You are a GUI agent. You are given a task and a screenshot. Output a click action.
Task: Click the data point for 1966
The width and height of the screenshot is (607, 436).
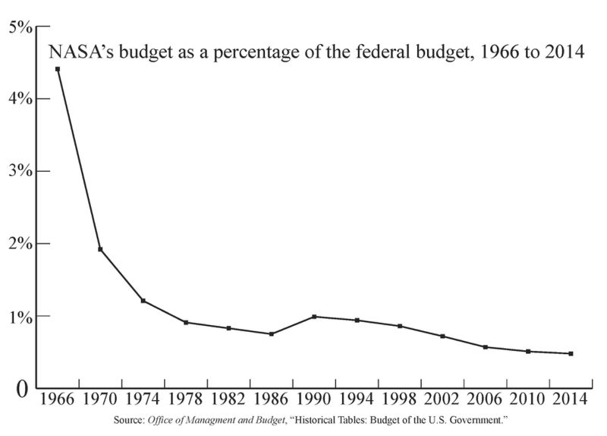click(x=58, y=69)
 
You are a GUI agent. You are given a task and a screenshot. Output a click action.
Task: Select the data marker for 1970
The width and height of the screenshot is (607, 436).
click(x=100, y=249)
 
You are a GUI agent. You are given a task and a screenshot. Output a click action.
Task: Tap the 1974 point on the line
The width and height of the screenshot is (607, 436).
click(x=143, y=301)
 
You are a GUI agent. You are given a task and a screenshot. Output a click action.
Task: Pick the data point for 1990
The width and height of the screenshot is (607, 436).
click(x=314, y=317)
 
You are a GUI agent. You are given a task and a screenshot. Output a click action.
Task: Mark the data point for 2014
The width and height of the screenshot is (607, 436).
click(x=571, y=353)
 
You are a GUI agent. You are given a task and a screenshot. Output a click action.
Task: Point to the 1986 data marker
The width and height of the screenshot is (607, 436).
click(x=271, y=333)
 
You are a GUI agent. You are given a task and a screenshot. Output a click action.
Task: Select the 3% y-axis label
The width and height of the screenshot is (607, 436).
click(x=20, y=171)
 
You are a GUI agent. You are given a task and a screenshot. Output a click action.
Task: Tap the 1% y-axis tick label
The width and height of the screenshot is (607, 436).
click(x=20, y=316)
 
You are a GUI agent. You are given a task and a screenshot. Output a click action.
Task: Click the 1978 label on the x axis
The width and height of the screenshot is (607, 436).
click(x=185, y=400)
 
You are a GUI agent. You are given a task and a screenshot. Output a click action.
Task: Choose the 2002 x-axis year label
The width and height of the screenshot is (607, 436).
click(x=442, y=400)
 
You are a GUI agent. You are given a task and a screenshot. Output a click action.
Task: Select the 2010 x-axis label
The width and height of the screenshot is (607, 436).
click(x=528, y=400)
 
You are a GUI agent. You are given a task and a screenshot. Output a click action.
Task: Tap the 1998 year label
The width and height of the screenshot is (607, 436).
click(x=400, y=400)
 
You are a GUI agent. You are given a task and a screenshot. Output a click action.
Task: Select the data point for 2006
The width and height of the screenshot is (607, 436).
click(x=486, y=347)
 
